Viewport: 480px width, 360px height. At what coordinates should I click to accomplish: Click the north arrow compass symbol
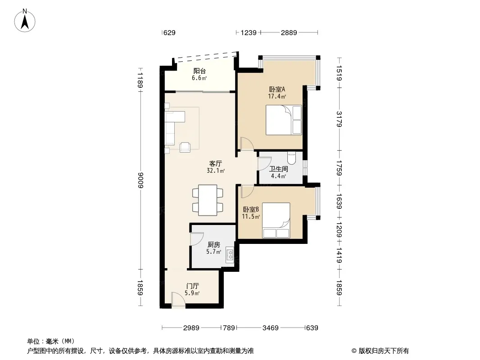(x=25, y=21)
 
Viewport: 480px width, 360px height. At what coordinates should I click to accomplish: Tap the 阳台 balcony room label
(x=199, y=71)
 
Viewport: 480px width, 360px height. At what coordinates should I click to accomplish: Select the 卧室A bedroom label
(x=277, y=89)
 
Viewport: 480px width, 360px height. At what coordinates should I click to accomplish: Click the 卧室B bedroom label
(x=251, y=210)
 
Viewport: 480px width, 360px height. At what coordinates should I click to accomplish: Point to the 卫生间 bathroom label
(x=279, y=169)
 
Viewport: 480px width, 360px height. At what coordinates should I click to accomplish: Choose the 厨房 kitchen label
(x=214, y=245)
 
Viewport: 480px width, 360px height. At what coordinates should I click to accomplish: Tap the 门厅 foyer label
(x=193, y=286)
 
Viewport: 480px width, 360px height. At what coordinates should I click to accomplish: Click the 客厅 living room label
(x=216, y=163)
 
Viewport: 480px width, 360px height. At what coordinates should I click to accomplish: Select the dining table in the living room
(x=208, y=200)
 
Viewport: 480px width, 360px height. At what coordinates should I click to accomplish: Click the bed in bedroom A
(x=284, y=120)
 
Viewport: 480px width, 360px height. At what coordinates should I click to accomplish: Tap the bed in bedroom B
(x=276, y=220)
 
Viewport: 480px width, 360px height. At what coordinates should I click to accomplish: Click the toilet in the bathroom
(x=292, y=158)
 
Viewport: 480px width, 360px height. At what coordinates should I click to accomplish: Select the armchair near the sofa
(x=185, y=147)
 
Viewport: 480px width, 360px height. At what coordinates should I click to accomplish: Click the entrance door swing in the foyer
(x=178, y=300)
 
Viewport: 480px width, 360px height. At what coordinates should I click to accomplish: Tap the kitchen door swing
(x=196, y=238)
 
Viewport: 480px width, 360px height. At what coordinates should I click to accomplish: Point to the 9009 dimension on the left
(x=140, y=180)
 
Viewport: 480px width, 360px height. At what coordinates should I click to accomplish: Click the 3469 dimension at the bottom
(x=271, y=328)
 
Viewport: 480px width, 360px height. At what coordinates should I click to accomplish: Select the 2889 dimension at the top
(x=289, y=32)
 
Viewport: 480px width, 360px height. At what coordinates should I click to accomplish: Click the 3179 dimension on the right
(x=339, y=119)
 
